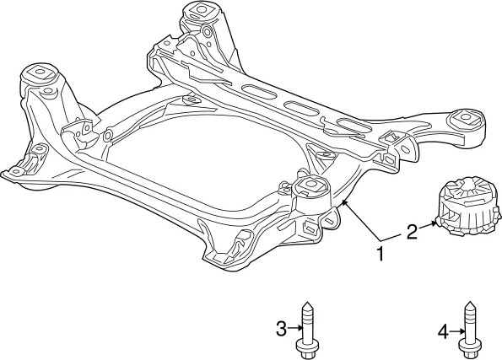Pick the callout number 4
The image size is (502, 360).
point(442,332)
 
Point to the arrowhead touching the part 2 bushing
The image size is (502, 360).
point(435,223)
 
